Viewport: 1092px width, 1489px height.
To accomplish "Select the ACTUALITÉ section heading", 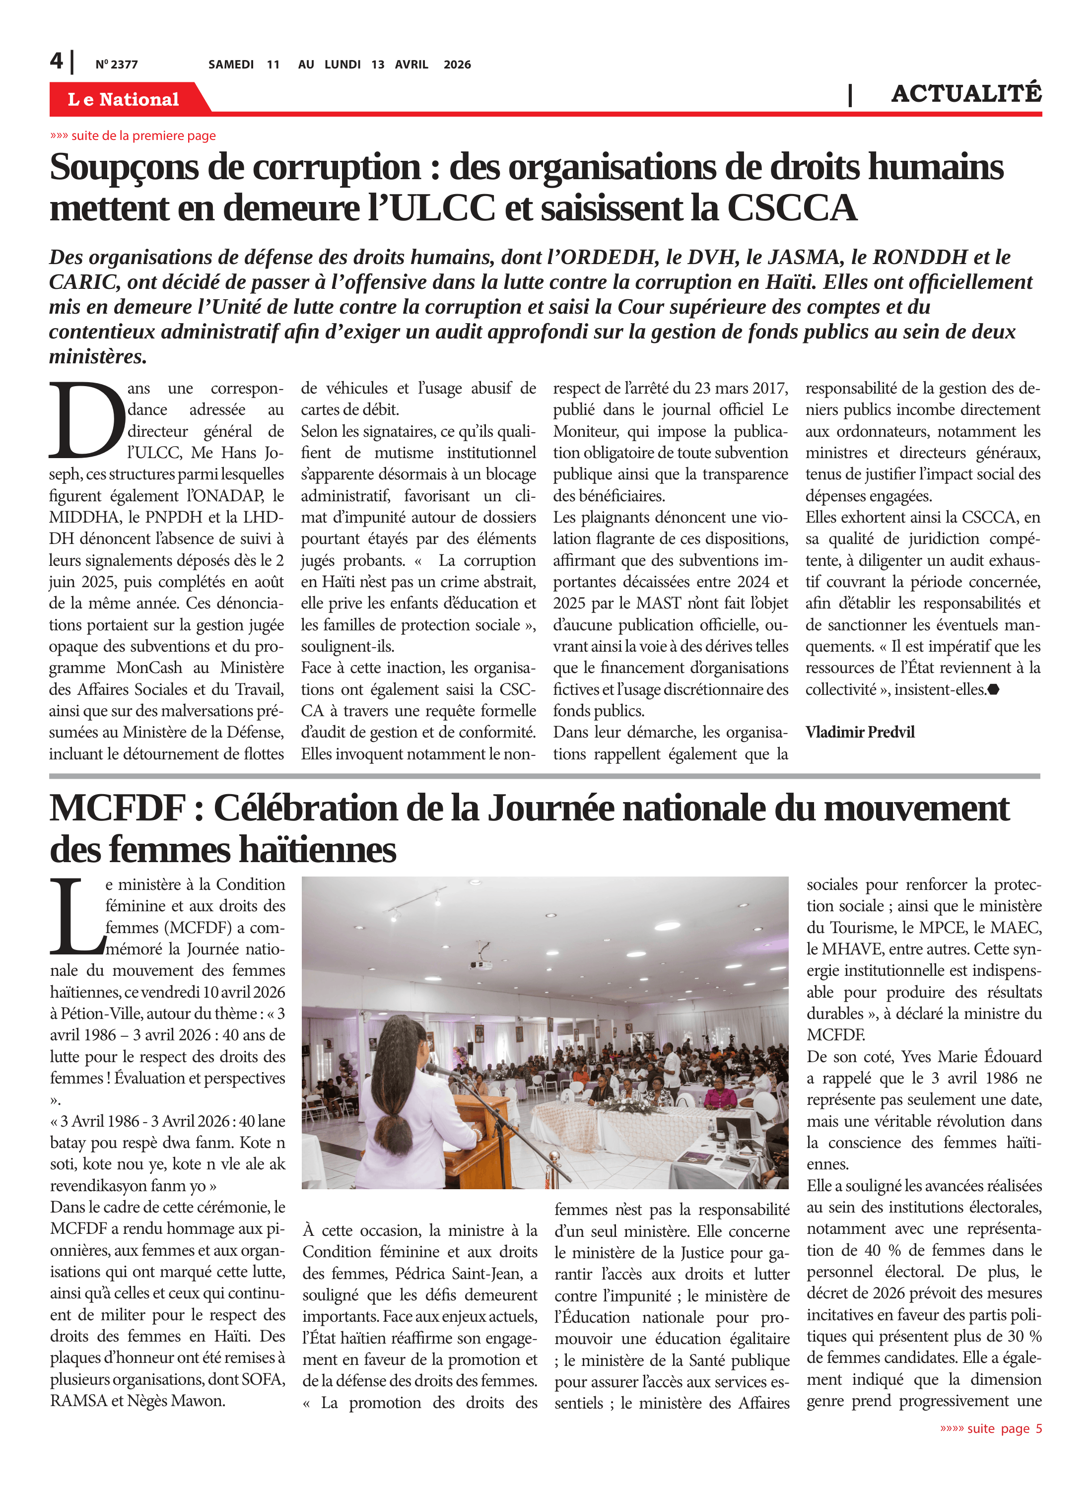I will [x=966, y=94].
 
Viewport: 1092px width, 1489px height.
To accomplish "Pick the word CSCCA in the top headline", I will [x=791, y=208].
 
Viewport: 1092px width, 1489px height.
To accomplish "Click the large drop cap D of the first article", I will [x=86, y=420].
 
